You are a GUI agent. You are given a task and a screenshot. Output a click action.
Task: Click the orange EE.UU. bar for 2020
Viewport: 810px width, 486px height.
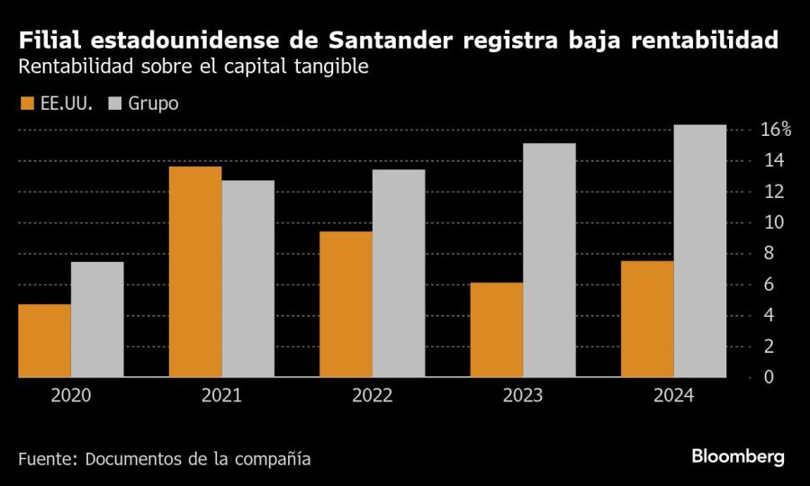pyautogui.click(x=44, y=341)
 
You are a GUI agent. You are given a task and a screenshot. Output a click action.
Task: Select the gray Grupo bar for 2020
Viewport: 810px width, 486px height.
pyautogui.click(x=97, y=319)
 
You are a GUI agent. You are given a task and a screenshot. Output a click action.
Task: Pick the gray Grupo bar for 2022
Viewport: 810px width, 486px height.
pyautogui.click(x=399, y=274)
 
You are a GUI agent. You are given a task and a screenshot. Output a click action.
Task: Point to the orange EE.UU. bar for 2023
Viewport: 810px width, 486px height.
pyautogui.click(x=497, y=329)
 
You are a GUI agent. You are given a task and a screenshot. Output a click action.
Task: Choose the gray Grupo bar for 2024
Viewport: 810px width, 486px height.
pyautogui.click(x=700, y=251)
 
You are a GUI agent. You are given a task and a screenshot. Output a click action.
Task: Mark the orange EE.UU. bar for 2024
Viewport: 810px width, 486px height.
pyautogui.click(x=647, y=319)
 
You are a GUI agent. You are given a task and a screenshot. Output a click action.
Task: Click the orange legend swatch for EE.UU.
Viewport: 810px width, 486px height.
pyautogui.click(x=26, y=103)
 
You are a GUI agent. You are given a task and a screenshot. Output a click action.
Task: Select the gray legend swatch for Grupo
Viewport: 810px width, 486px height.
pyautogui.click(x=114, y=103)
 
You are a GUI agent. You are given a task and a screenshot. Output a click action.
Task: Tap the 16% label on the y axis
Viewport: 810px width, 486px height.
pyautogui.click(x=775, y=130)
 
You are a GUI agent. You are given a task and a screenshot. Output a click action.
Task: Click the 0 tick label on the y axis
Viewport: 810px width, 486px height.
pyautogui.click(x=768, y=377)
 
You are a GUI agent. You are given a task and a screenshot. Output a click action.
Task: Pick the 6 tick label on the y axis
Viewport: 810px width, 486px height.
pyautogui.click(x=768, y=284)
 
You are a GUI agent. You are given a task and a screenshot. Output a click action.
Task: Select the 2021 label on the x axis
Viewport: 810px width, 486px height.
pyautogui.click(x=221, y=395)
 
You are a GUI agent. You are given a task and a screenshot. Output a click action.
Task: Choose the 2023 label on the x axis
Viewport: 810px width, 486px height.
pyautogui.click(x=523, y=395)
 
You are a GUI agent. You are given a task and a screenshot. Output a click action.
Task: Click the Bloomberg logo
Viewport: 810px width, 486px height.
pyautogui.click(x=738, y=456)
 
